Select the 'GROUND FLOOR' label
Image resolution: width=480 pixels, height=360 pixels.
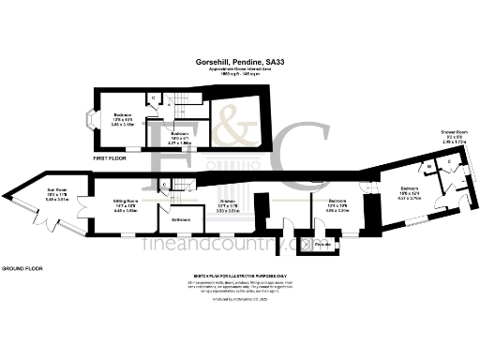[22, 268]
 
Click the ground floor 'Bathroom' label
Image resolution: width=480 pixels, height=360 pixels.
[182, 220]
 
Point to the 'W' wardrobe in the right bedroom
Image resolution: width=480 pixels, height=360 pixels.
[429, 167]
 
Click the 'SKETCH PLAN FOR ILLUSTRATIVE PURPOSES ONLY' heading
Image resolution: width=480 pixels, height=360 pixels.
[240, 277]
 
